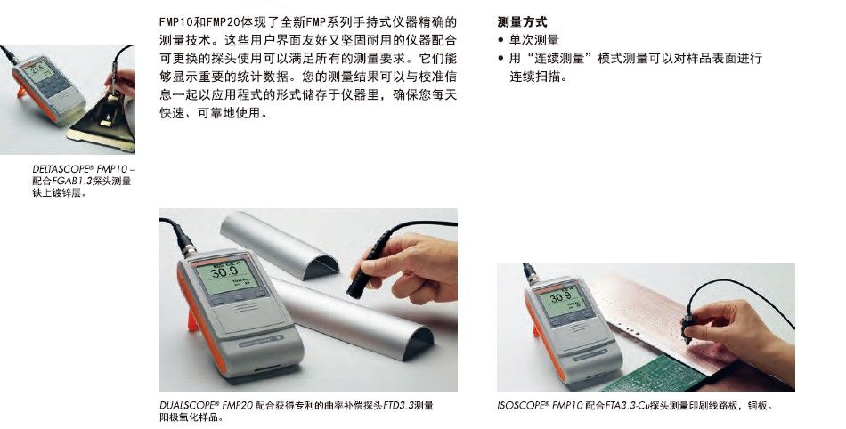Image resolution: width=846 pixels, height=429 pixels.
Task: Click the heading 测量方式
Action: pyautogui.click(x=522, y=22)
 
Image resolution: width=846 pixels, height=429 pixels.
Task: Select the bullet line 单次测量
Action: pyautogui.click(x=534, y=40)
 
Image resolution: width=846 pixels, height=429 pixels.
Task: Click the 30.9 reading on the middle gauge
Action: pyautogui.click(x=225, y=271)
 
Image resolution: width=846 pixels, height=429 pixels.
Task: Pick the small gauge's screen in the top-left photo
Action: pyautogui.click(x=39, y=71)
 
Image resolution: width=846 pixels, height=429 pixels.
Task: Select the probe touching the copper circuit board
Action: pyautogui.click(x=687, y=326)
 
